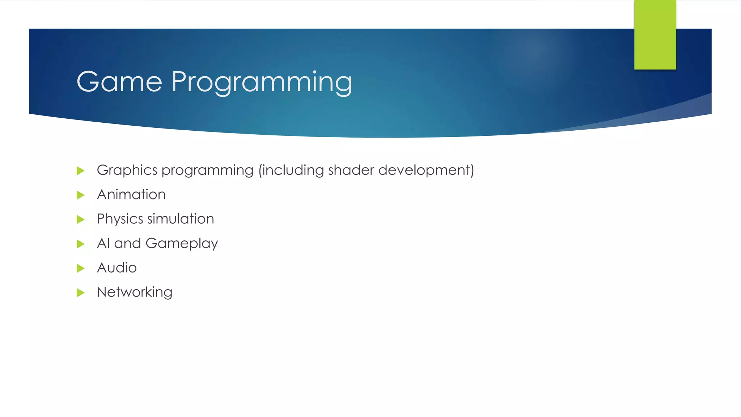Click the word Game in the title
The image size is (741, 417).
119,82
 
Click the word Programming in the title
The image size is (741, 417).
262,83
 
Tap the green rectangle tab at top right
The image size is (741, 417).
655,35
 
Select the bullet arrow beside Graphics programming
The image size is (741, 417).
80,170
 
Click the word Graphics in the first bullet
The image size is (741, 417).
127,170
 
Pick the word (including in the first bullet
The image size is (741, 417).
291,170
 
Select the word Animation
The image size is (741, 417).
131,195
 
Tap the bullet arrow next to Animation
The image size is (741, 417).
80,195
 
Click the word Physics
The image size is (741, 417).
120,219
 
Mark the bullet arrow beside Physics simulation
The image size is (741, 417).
80,219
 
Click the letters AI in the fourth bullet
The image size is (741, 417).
103,243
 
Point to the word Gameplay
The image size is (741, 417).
182,244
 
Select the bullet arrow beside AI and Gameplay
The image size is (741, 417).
80,244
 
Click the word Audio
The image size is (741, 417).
117,268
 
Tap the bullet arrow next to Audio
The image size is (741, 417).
80,268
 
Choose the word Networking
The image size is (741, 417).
135,292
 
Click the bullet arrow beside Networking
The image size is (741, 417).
80,292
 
